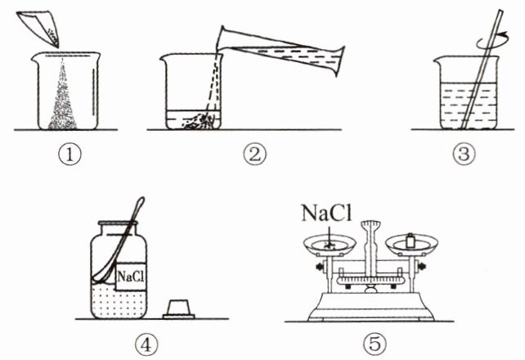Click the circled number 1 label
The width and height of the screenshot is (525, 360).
(x=70, y=155)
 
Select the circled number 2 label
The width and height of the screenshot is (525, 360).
(x=255, y=155)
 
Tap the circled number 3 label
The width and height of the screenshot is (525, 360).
(x=464, y=155)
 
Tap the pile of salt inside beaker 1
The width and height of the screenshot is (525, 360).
(x=63, y=104)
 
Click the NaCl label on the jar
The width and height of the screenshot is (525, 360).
(x=131, y=277)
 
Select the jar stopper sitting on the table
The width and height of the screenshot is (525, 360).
(x=179, y=310)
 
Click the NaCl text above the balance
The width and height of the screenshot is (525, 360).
(x=327, y=213)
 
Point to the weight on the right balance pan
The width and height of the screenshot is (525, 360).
(x=410, y=241)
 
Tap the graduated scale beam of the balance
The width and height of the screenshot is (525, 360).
(x=370, y=280)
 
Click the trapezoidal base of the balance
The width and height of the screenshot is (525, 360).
(x=371, y=306)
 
